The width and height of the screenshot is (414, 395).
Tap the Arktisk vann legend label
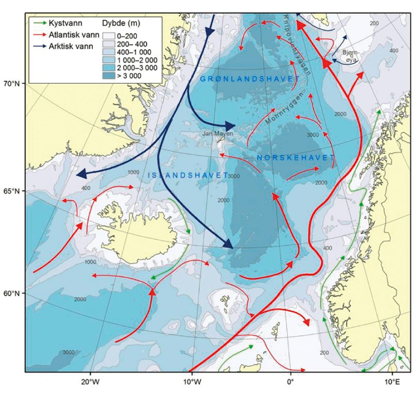[x=71, y=46]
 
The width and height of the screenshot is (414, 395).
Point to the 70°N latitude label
[x=13, y=83]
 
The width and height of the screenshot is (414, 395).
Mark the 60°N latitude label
[x=13, y=293]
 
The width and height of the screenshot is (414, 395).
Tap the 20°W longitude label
[x=90, y=382]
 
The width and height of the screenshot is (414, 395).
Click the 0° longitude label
[x=290, y=382]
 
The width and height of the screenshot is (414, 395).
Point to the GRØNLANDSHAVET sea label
[x=250, y=79]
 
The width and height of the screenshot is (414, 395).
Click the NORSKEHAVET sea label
[x=296, y=158]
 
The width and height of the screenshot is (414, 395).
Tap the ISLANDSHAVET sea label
[x=188, y=175]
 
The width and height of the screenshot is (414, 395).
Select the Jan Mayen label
[x=218, y=133]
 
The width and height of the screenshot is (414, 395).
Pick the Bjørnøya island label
[x=351, y=55]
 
